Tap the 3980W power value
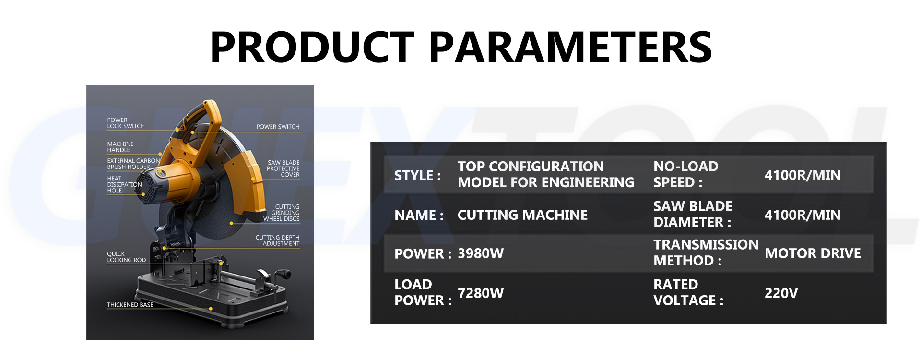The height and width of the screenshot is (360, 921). click(x=481, y=253)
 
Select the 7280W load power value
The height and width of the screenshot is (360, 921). click(x=481, y=293)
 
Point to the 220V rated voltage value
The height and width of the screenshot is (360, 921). click(x=781, y=293)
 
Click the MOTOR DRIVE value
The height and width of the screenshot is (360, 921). click(x=813, y=253)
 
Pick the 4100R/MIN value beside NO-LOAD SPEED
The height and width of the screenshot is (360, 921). click(x=802, y=175)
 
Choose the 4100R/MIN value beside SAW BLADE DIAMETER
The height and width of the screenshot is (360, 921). click(x=802, y=215)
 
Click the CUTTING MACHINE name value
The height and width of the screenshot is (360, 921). click(x=522, y=215)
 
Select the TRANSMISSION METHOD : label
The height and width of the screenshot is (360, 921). click(x=705, y=252)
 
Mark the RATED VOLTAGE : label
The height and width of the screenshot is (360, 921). click(x=688, y=292)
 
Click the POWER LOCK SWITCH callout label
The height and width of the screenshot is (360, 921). click(x=126, y=123)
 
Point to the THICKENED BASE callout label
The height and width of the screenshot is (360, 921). click(x=130, y=305)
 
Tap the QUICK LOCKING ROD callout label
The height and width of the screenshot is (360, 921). click(x=126, y=257)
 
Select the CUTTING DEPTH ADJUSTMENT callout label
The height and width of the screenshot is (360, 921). click(x=278, y=240)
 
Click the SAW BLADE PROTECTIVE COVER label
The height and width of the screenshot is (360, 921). click(x=283, y=169)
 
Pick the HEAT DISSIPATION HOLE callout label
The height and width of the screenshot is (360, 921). click(x=124, y=184)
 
